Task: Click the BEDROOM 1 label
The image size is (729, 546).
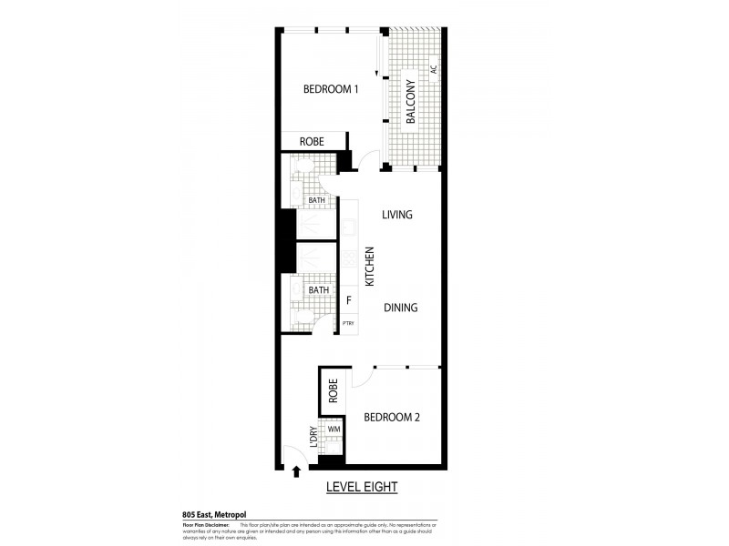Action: pyautogui.click(x=331, y=89)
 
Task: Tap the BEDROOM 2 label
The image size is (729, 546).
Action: pyautogui.click(x=391, y=418)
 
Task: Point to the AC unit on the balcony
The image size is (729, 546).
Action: pyautogui.click(x=434, y=68)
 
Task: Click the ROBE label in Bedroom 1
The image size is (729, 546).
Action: pyautogui.click(x=312, y=142)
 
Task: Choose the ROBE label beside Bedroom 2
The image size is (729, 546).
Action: pyautogui.click(x=334, y=390)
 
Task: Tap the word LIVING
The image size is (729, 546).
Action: pyautogui.click(x=397, y=216)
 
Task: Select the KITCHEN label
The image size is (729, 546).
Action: pyautogui.click(x=370, y=267)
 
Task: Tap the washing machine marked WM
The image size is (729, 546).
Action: pyautogui.click(x=334, y=429)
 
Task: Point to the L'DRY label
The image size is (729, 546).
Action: pyautogui.click(x=313, y=438)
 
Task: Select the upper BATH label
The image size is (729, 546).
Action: pyautogui.click(x=315, y=200)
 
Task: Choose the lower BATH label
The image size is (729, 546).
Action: pyautogui.click(x=318, y=290)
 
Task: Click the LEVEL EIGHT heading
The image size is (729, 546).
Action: pyautogui.click(x=362, y=488)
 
